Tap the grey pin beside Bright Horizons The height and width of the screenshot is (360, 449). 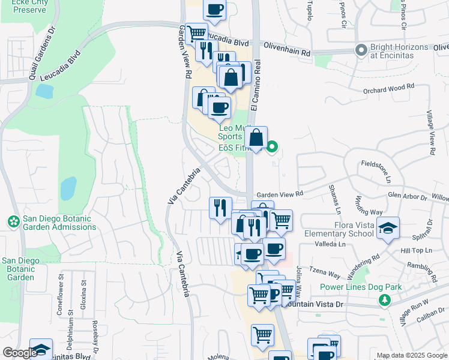(x=361, y=49)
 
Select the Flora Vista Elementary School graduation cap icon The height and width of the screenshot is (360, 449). (x=388, y=229)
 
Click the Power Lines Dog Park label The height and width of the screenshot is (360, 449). (x=360, y=287)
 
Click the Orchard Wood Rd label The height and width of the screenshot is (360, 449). (x=390, y=89)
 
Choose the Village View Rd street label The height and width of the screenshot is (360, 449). (x=430, y=133)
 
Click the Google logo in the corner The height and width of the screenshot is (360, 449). (x=19, y=353)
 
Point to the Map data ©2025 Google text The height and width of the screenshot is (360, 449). (x=412, y=355)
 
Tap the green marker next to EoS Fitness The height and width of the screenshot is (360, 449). (x=272, y=146)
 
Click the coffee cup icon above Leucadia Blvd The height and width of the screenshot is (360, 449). (x=215, y=9)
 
